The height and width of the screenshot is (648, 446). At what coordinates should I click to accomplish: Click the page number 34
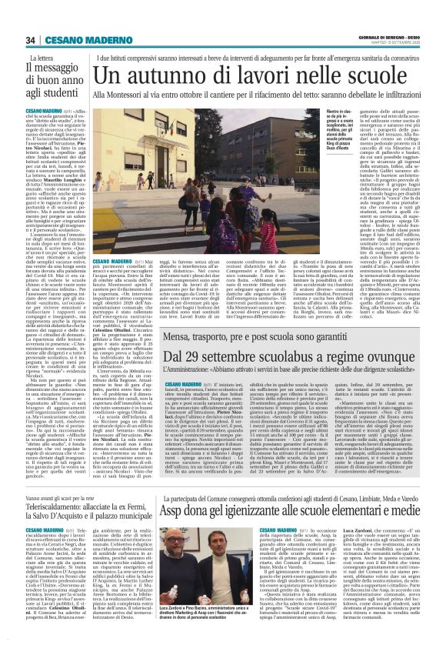(30, 40)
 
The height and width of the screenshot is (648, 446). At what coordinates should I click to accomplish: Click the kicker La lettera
(42, 58)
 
